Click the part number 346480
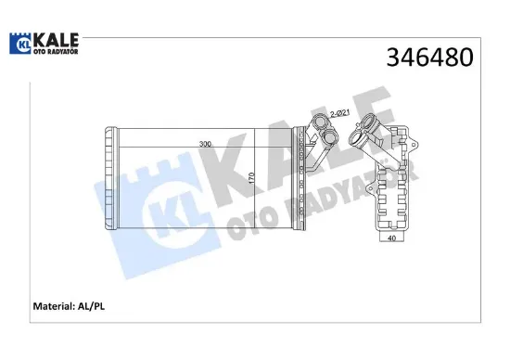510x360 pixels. coord(429,58)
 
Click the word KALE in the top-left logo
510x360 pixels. coord(56,41)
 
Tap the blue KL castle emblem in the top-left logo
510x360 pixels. coord(20,44)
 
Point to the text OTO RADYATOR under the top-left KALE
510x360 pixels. coord(56,51)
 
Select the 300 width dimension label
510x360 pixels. coord(205,144)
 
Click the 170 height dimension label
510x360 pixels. coord(250,178)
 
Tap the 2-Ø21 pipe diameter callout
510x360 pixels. coord(339,113)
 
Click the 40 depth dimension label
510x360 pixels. coord(392,238)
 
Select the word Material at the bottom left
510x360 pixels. coord(54,306)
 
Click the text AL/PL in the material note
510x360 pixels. coord(91,306)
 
